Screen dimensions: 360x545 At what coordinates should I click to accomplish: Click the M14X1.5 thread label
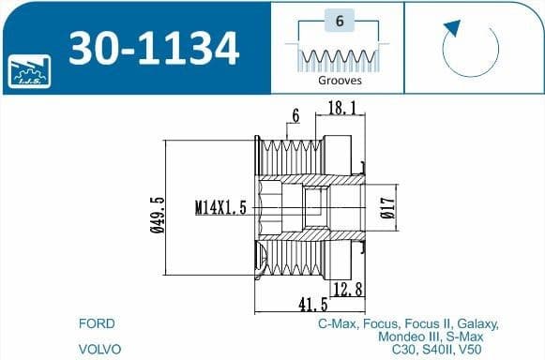[220, 208]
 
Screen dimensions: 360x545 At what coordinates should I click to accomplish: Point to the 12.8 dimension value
[347, 291]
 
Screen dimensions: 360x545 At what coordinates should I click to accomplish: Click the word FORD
[98, 324]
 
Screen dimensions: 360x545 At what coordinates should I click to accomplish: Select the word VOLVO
[100, 349]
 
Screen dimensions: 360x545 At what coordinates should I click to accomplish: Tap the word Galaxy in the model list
[477, 324]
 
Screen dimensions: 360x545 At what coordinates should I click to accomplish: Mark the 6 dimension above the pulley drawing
[295, 115]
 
